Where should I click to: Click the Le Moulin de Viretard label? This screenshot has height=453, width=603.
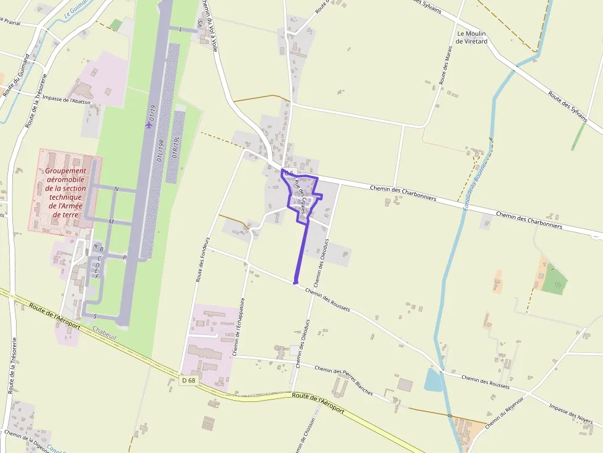click(x=472, y=37)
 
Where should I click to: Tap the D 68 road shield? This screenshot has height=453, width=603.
click(x=189, y=380)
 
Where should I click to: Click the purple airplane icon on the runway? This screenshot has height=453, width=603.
click(x=148, y=125)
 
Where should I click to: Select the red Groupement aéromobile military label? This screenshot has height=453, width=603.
click(x=65, y=193)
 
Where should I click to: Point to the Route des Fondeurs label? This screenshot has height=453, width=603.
click(x=202, y=259)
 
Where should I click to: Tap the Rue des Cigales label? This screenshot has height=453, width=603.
click(x=300, y=196)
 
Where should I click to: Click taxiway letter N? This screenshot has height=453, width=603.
click(x=116, y=189)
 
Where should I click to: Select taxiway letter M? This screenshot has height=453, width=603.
click(x=111, y=221)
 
